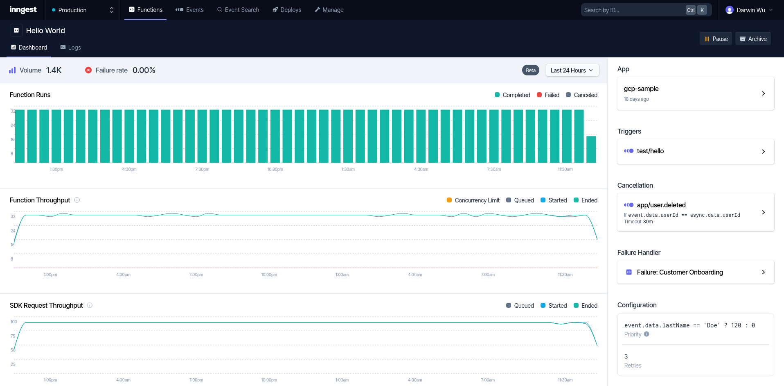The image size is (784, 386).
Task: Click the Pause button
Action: click(x=716, y=39)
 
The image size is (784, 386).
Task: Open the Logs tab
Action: click(x=70, y=48)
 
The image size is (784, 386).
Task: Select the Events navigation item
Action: click(x=189, y=10)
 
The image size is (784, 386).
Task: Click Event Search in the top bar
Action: click(x=238, y=10)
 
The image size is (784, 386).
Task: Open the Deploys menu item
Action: click(x=287, y=10)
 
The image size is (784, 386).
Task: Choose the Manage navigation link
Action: click(x=329, y=10)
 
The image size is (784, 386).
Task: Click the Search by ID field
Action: click(x=632, y=10)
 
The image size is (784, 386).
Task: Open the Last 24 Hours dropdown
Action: click(x=572, y=70)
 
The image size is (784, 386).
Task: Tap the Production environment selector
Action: click(x=82, y=10)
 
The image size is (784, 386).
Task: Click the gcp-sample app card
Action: click(x=695, y=93)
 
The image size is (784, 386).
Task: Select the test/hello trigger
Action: click(x=695, y=151)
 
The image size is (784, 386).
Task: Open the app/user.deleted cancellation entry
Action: click(x=695, y=212)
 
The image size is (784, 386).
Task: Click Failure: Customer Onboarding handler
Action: click(x=695, y=272)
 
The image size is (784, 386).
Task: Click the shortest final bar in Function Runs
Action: click(x=591, y=150)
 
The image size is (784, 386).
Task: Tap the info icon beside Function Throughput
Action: click(x=77, y=200)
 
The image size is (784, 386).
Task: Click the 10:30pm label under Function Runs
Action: click(x=275, y=169)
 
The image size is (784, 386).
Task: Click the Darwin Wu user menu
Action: click(x=748, y=10)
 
